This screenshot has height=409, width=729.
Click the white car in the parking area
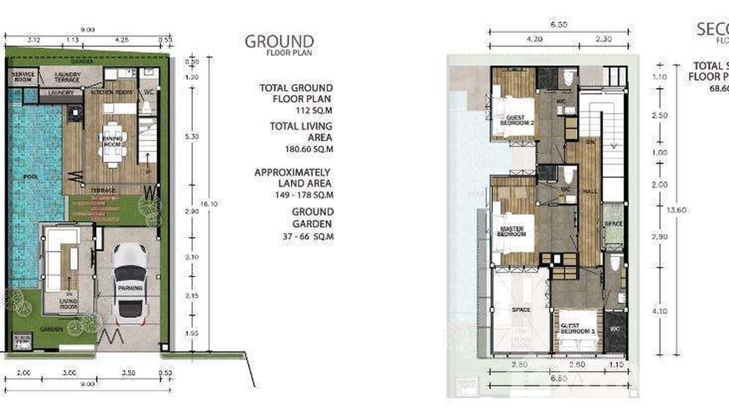coord(130,282)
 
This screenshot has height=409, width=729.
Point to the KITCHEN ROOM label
coord(112,92)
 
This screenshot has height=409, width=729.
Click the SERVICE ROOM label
coord(23,76)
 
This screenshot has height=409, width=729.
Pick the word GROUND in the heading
coord(279,41)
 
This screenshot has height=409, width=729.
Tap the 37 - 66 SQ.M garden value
coord(308,237)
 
